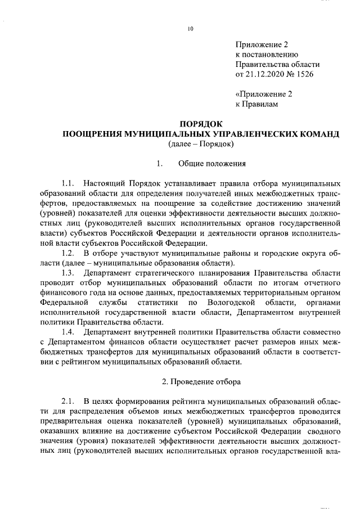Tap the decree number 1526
(304, 74)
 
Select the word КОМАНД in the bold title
(318, 134)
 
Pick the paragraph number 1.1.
(68, 184)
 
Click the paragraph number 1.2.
(68, 254)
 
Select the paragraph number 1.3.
(68, 273)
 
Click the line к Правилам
(256, 104)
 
